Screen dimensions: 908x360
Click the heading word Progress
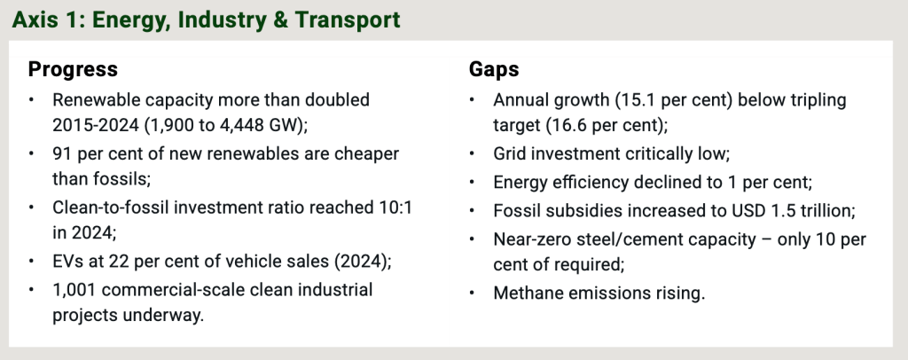click(x=73, y=69)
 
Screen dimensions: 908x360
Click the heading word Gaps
click(x=494, y=69)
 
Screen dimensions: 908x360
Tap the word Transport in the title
click(x=348, y=20)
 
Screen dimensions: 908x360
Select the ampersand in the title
click(x=280, y=20)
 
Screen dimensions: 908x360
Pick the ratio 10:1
click(x=392, y=207)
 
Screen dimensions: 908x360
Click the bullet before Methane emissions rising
click(x=472, y=293)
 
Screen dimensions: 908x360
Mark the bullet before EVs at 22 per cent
click(x=31, y=261)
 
